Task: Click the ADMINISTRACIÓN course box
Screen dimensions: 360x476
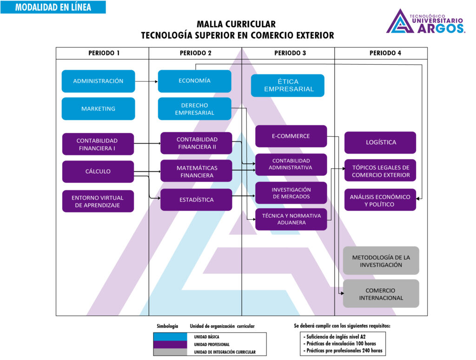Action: tap(98, 81)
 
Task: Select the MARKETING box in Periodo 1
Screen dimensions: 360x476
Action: tap(98, 109)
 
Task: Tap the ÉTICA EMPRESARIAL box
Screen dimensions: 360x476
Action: tap(288, 86)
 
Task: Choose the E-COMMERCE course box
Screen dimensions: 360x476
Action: tap(291, 136)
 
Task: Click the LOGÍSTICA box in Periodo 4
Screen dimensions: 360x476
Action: tap(380, 142)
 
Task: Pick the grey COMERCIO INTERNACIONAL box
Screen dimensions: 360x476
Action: tap(381, 293)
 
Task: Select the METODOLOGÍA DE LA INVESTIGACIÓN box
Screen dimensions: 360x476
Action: tap(381, 260)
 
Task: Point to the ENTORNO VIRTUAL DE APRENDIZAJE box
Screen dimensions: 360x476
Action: tap(98, 201)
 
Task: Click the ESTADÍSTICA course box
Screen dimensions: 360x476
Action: tap(196, 200)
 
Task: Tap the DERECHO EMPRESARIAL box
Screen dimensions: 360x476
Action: tap(194, 109)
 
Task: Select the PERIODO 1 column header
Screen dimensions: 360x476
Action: tap(104, 53)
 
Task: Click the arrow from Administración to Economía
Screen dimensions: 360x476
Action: tap(146, 81)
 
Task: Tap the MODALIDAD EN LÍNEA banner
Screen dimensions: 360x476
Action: tap(53, 7)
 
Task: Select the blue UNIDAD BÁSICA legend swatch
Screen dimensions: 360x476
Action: tap(170, 336)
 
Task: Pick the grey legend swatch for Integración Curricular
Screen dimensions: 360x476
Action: tap(170, 352)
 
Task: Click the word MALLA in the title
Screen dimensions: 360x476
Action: tap(213, 25)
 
